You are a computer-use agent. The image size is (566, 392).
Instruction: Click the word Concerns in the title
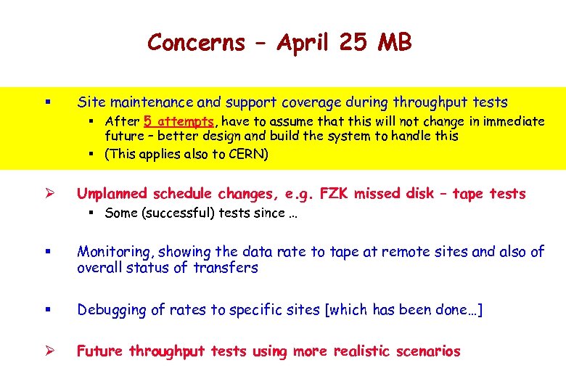click(196, 42)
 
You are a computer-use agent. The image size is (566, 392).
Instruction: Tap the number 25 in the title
click(353, 42)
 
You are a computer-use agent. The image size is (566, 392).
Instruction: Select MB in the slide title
click(395, 42)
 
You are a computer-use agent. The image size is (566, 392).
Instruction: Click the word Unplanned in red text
click(112, 193)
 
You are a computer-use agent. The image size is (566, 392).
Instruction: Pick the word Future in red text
click(100, 351)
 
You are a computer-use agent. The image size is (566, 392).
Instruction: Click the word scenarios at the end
click(428, 351)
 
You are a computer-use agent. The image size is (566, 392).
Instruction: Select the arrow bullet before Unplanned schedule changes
click(27, 194)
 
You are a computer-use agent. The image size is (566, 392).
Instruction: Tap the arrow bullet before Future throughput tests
click(27, 352)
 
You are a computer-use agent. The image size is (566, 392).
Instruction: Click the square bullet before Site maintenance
click(26, 102)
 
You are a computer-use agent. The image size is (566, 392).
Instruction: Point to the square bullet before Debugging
click(26, 311)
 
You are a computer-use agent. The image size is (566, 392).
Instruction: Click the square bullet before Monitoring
click(26, 253)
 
